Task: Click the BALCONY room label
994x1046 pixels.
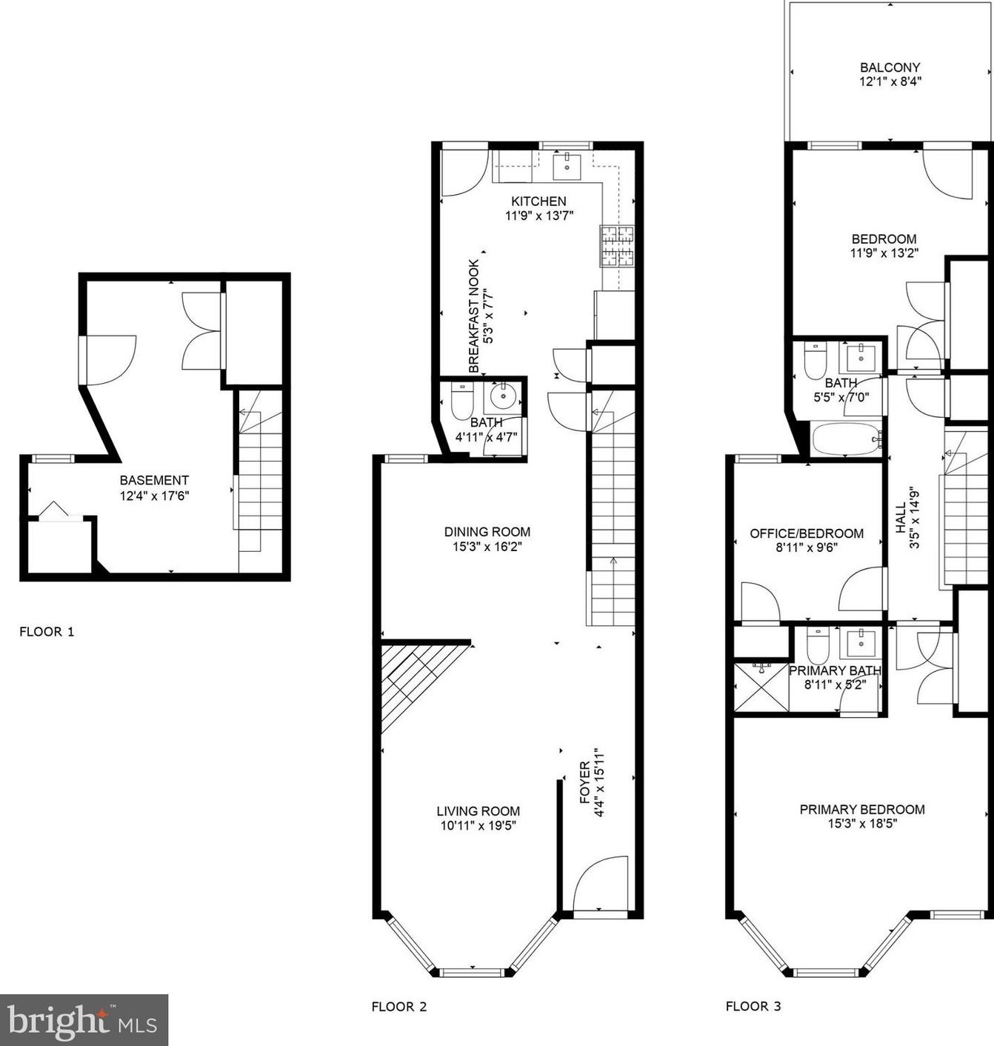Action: click(x=890, y=67)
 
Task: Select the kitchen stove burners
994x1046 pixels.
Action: click(x=617, y=246)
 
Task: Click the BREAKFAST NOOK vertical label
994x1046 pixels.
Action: click(x=474, y=316)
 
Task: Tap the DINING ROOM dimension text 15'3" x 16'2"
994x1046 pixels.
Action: click(x=487, y=547)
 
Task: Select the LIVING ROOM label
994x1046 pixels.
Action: click(x=478, y=811)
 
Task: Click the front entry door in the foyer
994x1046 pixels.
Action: click(x=601, y=885)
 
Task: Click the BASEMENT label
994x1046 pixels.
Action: click(x=154, y=480)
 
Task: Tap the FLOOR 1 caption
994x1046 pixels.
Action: click(x=47, y=632)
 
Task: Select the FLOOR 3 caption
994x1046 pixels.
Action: click(x=753, y=1006)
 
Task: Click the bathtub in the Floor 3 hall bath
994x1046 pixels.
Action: click(x=846, y=440)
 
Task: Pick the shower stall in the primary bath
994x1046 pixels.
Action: click(x=761, y=688)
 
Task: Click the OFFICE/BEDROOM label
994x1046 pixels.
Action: click(x=807, y=533)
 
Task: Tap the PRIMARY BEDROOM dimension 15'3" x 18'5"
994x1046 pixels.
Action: click(x=862, y=824)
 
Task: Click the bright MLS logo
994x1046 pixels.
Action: click(x=84, y=1021)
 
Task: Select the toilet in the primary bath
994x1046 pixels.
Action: click(x=818, y=647)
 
